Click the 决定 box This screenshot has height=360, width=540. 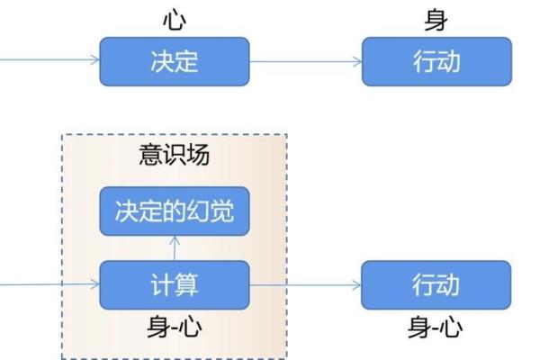(174, 61)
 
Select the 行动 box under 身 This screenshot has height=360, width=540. (436, 61)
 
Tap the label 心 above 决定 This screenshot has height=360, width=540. (174, 19)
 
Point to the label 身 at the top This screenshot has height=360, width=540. (436, 19)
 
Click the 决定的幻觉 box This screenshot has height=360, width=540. (174, 211)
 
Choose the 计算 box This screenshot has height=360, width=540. (174, 285)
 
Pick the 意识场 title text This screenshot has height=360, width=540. (174, 155)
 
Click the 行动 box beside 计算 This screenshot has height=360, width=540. (436, 285)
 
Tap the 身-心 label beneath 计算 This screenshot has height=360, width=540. (174, 328)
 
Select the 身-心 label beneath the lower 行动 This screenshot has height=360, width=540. (436, 328)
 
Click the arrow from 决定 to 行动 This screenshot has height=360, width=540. (306, 62)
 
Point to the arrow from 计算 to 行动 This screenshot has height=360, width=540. (306, 285)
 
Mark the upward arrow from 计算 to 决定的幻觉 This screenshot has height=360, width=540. (174, 248)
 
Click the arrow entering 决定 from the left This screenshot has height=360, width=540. (49, 62)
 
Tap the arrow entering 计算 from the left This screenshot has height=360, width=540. (49, 285)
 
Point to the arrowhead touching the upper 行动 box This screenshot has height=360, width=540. (357, 62)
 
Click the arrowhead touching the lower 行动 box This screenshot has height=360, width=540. (357, 285)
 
